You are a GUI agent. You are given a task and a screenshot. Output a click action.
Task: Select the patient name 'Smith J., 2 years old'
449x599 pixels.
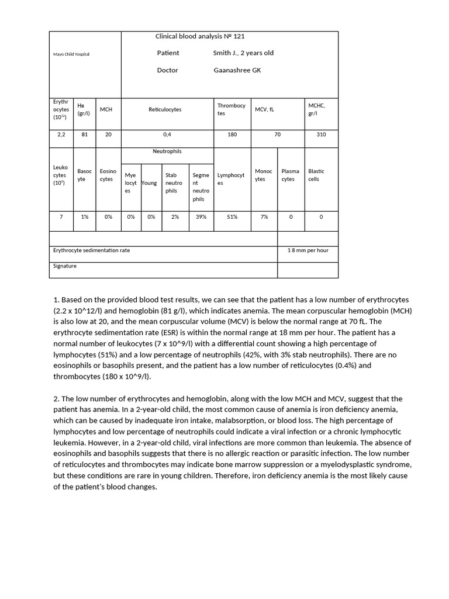coord(243,53)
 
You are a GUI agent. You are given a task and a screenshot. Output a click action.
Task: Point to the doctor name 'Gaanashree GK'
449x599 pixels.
coord(237,70)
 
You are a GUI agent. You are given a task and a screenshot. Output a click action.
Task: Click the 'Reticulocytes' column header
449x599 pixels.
coord(165,109)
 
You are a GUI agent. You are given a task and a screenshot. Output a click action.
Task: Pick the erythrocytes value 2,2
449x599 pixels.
coord(61,135)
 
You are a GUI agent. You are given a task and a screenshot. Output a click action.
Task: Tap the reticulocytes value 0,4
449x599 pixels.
coord(167,135)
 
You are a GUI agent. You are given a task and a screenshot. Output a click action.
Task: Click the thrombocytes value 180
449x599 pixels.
coord(232,135)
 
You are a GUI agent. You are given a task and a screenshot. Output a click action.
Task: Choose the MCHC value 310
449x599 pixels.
coord(321,135)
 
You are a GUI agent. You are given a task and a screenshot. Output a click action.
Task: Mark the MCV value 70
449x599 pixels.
coord(277,135)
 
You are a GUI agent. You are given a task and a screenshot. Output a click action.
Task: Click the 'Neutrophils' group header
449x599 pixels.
coord(167,152)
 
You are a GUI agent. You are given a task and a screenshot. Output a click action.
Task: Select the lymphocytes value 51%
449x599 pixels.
coord(232,216)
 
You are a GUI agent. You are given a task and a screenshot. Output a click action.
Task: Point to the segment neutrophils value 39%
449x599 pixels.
coord(201,216)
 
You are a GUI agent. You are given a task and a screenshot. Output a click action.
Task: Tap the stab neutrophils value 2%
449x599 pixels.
coord(175,216)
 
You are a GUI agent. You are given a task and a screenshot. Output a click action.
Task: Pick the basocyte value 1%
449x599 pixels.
coord(85,216)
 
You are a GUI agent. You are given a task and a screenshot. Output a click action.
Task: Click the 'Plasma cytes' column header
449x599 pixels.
coord(290,175)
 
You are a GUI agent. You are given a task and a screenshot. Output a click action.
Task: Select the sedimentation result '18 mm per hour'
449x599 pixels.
coord(308,250)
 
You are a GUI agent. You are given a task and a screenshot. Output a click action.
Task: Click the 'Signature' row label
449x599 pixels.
coord(65,266)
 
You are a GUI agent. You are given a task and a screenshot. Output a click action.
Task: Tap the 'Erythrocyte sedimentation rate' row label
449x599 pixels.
coord(91,250)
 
